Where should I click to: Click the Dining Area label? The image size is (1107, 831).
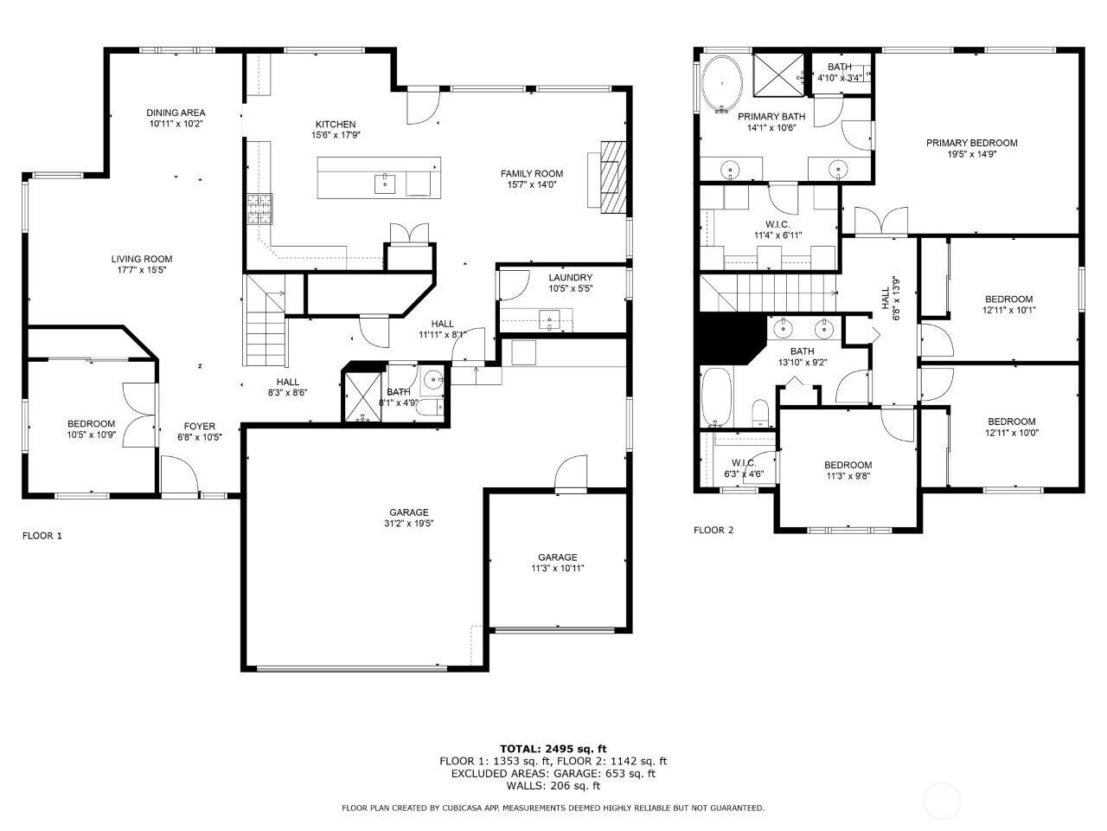pyautogui.click(x=176, y=113)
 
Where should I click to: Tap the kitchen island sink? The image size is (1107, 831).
pyautogui.click(x=385, y=184)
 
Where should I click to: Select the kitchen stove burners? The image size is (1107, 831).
pyautogui.click(x=259, y=209)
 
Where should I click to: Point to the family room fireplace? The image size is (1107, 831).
pyautogui.click(x=613, y=177)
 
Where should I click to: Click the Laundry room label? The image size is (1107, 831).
pyautogui.click(x=571, y=278)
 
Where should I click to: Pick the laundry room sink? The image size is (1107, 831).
pyautogui.click(x=549, y=320)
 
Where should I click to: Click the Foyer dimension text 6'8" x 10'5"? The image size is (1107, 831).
pyautogui.click(x=200, y=437)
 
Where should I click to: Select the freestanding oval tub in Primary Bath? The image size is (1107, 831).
pyautogui.click(x=722, y=84)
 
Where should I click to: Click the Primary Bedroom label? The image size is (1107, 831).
pyautogui.click(x=971, y=143)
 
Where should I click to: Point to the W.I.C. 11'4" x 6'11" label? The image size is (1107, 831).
pyautogui.click(x=777, y=229)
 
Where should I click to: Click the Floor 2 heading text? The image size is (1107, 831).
pyautogui.click(x=713, y=530)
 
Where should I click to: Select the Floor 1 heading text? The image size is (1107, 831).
pyautogui.click(x=42, y=535)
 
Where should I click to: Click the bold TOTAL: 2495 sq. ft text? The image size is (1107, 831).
pyautogui.click(x=553, y=749)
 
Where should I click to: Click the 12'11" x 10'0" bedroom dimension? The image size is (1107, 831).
pyautogui.click(x=1012, y=433)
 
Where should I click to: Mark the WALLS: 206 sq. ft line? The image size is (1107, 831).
pyautogui.click(x=553, y=786)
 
